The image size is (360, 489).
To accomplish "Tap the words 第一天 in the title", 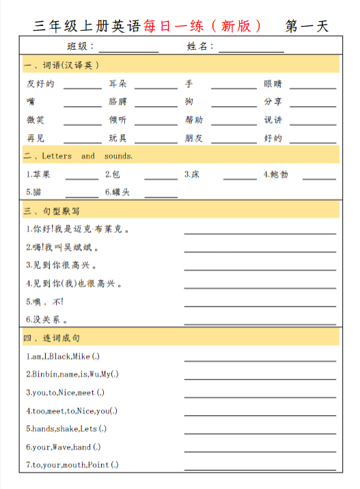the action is click(307, 26).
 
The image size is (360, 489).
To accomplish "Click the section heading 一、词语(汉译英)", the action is click(62, 66).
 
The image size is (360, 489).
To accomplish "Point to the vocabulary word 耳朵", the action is click(117, 84).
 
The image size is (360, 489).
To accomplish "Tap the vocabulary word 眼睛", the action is click(273, 84).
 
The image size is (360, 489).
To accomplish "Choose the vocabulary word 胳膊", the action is click(117, 102).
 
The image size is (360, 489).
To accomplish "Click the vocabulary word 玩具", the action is click(117, 138).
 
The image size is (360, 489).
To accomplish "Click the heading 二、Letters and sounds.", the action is click(78, 156).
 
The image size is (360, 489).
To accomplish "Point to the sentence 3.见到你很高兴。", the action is click(61, 265).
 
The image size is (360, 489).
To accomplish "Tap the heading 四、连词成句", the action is click(52, 338).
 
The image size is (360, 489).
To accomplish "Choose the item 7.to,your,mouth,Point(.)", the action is click(72, 465).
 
